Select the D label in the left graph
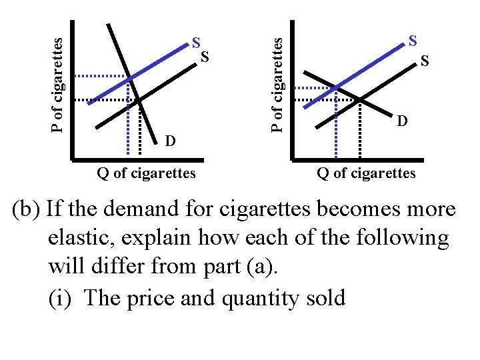tap(171, 141)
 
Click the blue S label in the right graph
tap(413, 41)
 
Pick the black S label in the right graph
tap(424, 61)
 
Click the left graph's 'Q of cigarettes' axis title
tap(147, 174)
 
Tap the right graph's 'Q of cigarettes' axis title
tap(366, 174)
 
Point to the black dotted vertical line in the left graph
tap(140, 130)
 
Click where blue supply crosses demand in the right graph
tap(335, 87)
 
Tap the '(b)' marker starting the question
tap(27, 209)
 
